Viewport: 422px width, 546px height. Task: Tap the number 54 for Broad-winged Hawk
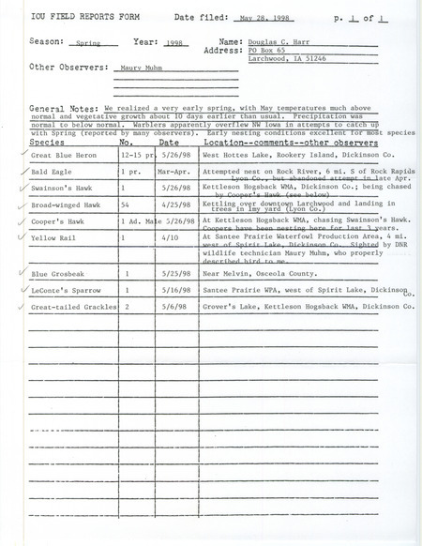(129, 205)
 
